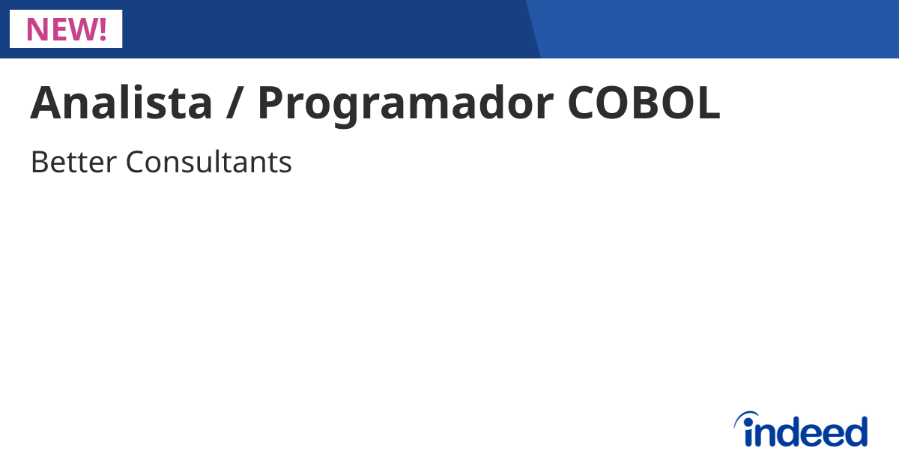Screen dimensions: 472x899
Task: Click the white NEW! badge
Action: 66,28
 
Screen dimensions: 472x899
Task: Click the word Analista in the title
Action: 121,103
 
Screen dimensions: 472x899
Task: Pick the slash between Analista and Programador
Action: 235,103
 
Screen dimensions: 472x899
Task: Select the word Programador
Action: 405,103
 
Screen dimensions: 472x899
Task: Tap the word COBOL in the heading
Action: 644,103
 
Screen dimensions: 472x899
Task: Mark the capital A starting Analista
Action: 44,103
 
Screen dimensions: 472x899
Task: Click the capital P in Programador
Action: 271,103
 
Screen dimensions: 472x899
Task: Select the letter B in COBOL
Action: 647,103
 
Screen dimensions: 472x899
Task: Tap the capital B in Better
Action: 39,162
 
